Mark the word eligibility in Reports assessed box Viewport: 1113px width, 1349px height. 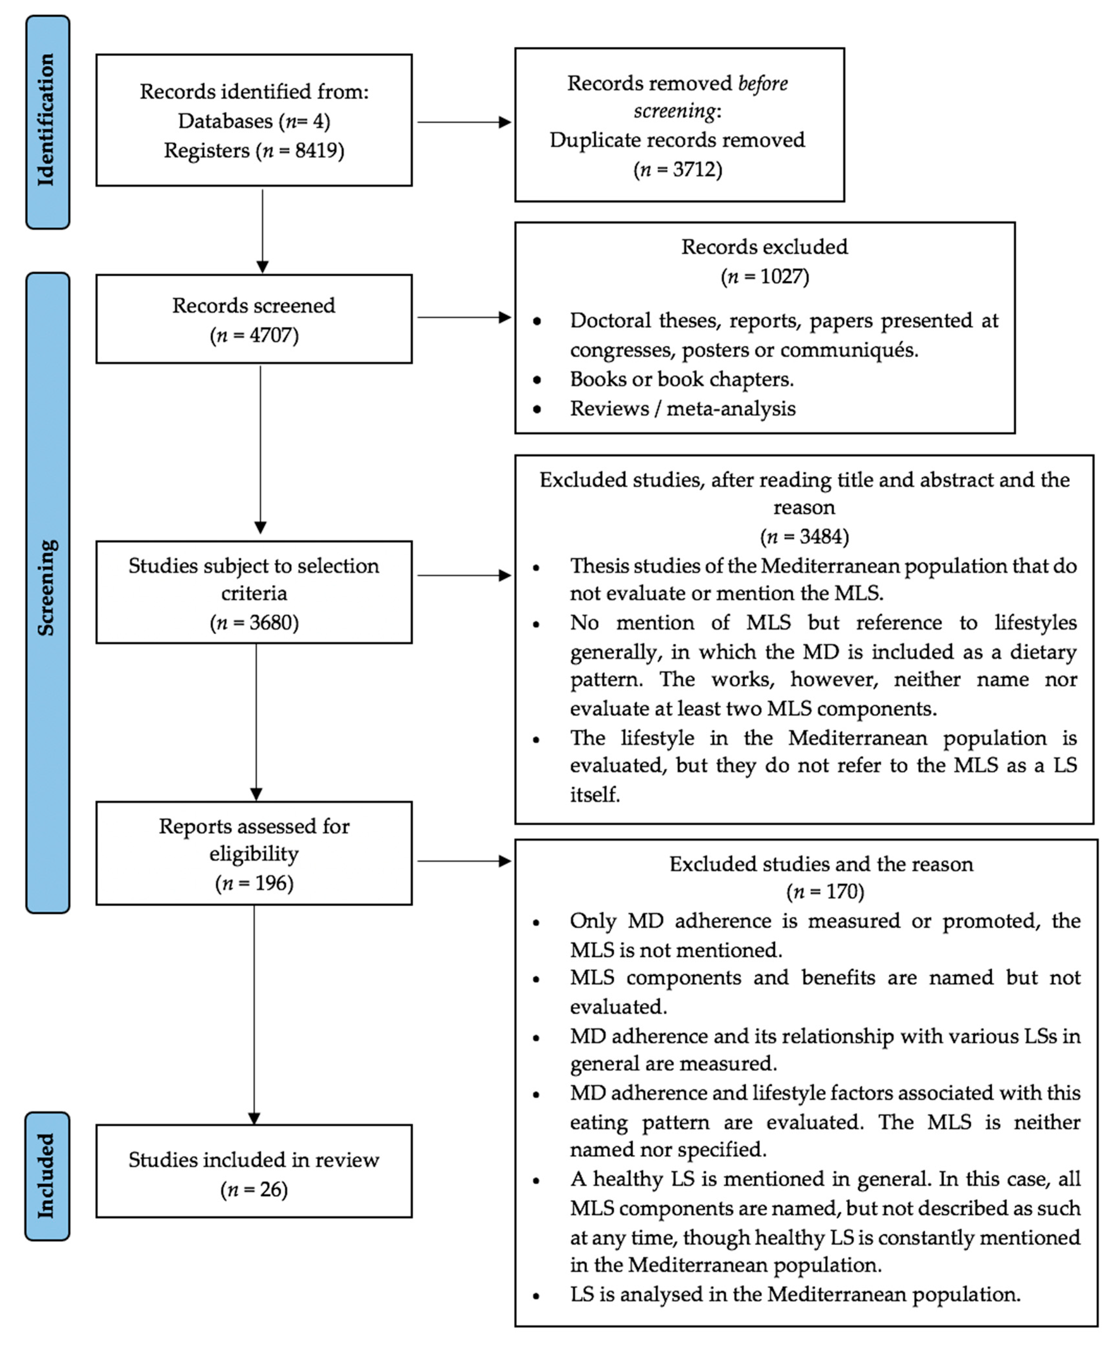click(254, 854)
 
